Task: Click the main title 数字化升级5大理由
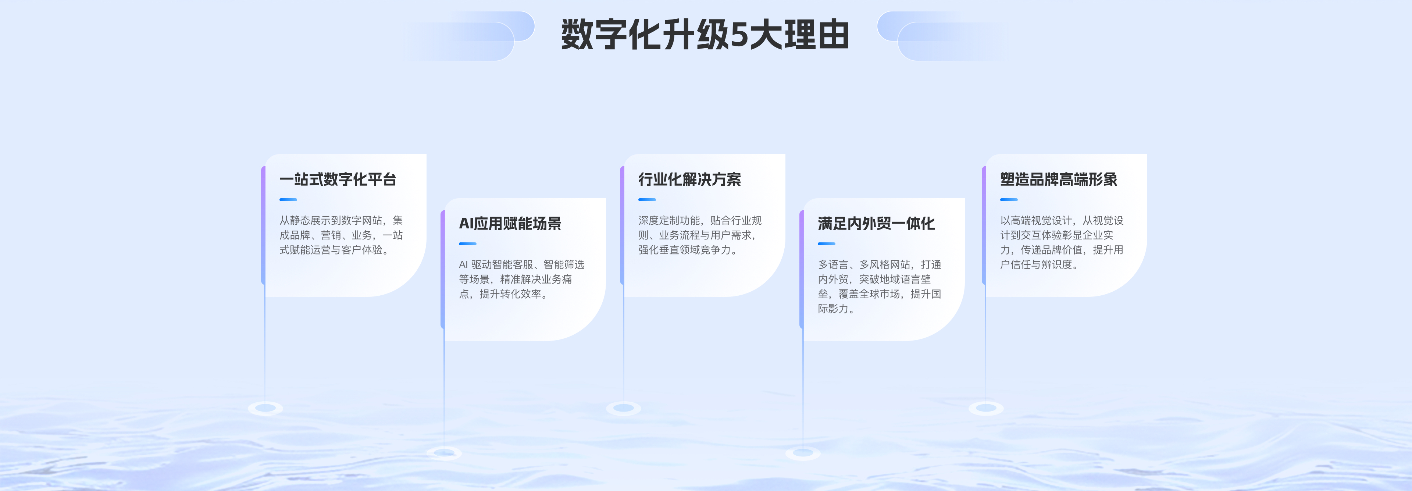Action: pos(705,35)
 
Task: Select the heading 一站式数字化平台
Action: pos(338,179)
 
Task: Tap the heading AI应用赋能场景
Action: pos(510,224)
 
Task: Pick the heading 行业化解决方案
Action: pos(689,179)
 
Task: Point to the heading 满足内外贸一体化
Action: pos(876,224)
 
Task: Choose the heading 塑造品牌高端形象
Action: pos(1059,179)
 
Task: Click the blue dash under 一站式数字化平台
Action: pos(288,199)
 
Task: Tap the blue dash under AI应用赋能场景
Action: pos(468,244)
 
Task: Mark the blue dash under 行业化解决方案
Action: pos(647,199)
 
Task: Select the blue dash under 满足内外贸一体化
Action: pos(827,244)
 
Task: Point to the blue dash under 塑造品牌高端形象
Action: pos(1009,199)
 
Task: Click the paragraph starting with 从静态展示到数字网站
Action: pos(341,235)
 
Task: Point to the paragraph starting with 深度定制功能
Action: pos(700,235)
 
